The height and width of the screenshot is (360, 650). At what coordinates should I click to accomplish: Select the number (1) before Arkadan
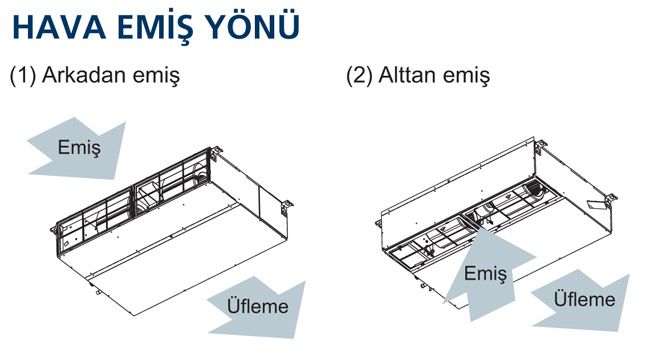[23, 75]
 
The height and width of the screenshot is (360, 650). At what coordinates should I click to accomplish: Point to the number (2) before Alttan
[360, 75]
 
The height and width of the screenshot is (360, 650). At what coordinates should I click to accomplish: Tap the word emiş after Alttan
[466, 76]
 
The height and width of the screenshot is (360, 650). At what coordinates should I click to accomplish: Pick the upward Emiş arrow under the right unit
[485, 274]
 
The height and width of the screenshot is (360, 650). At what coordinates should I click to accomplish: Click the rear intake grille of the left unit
[133, 199]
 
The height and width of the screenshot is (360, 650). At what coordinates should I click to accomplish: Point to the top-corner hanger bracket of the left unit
[216, 153]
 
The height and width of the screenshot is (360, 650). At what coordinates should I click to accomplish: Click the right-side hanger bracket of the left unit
[286, 207]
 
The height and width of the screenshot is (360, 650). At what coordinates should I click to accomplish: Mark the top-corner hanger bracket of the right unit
[540, 147]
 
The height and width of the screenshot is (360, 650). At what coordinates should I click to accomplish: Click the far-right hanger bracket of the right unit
[610, 201]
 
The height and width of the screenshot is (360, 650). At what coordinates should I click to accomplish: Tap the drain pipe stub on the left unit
[99, 292]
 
